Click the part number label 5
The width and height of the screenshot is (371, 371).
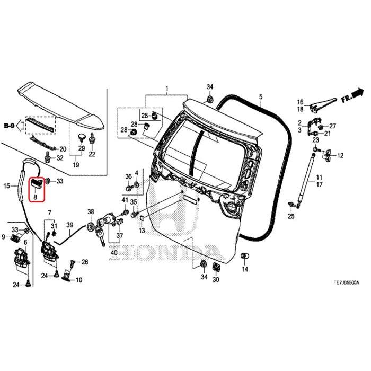pyautogui.click(x=261, y=97)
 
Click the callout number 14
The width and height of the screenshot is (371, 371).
pyautogui.click(x=245, y=269)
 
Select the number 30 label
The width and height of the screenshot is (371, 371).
pyautogui.click(x=216, y=279)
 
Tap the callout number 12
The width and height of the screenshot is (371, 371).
pyautogui.click(x=340, y=156)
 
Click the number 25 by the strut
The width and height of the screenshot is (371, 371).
pyautogui.click(x=291, y=216)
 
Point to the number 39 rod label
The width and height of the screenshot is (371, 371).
pyautogui.click(x=69, y=226)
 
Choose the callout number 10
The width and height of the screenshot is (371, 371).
pyautogui.click(x=79, y=280)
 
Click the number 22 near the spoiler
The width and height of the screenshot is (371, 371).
pyautogui.click(x=92, y=154)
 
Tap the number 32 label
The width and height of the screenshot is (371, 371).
pyautogui.click(x=59, y=158)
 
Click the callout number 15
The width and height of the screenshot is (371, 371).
pyautogui.click(x=7, y=185)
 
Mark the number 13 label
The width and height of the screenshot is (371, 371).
pyautogui.click(x=142, y=231)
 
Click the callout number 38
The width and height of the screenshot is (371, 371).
pyautogui.click(x=91, y=211)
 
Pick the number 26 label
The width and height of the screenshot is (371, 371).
pyautogui.click(x=85, y=262)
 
